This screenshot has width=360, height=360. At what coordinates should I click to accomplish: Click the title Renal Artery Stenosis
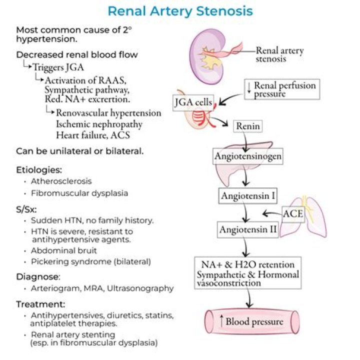tap(180, 11)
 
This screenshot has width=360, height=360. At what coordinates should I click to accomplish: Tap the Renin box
tap(248, 126)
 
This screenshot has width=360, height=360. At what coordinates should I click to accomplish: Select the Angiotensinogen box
tap(248, 157)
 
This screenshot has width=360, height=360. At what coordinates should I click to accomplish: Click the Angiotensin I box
tap(248, 195)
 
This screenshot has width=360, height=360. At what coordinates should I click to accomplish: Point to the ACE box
tap(292, 213)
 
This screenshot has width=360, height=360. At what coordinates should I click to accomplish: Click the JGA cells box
tap(192, 103)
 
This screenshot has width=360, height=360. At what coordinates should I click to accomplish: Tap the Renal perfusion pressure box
tap(282, 89)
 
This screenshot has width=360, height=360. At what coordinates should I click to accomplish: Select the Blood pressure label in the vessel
tap(253, 321)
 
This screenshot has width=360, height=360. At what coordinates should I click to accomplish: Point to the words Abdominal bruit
tap(63, 251)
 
